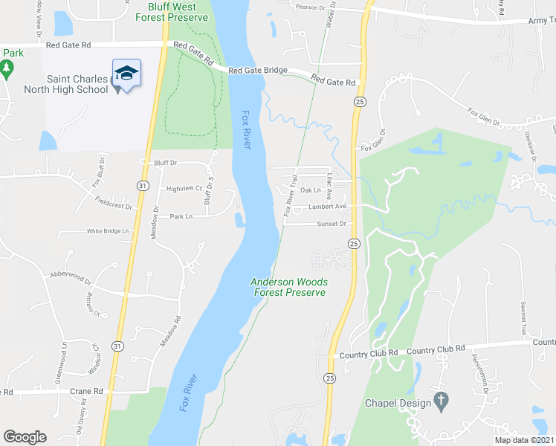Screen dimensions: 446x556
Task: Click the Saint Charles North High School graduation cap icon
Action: tap(127, 74)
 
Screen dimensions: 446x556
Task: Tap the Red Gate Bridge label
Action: tap(258, 71)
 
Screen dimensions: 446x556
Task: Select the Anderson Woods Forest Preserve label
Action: tap(289, 287)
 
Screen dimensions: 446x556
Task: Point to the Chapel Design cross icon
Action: tap(441, 402)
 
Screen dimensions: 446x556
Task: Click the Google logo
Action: tap(25, 437)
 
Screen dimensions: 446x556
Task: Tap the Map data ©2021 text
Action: tap(525, 440)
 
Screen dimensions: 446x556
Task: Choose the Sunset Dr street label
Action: tap(332, 224)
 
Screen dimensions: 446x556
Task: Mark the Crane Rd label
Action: tap(87, 391)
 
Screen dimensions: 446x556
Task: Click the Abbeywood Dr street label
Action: tap(70, 281)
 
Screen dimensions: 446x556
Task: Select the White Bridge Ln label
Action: tap(108, 231)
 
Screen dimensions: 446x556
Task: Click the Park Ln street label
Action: tap(181, 216)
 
